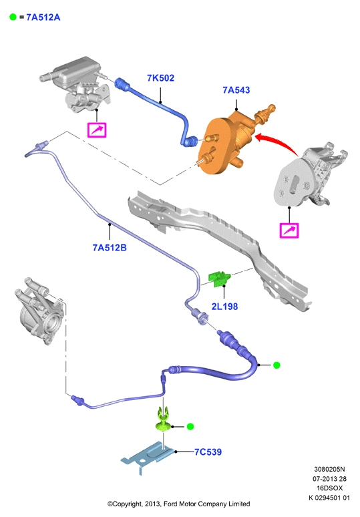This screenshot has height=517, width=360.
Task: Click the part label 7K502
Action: click(x=160, y=78)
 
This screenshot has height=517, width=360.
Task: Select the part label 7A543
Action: click(x=236, y=90)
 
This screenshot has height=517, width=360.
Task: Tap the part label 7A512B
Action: click(x=110, y=248)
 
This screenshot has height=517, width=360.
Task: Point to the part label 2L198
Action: click(x=224, y=307)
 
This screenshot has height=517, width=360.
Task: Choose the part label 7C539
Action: click(x=208, y=452)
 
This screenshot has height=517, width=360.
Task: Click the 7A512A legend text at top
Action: click(x=43, y=17)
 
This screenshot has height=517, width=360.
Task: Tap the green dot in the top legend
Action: click(x=13, y=17)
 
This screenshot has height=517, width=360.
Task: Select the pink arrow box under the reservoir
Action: click(x=97, y=130)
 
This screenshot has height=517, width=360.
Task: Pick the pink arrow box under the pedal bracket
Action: click(x=289, y=230)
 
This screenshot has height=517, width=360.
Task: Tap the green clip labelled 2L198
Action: click(x=220, y=279)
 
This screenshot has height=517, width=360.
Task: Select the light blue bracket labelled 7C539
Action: click(x=148, y=457)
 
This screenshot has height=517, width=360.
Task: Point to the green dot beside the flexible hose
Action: click(x=277, y=365)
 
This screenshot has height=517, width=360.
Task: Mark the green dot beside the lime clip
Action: click(x=190, y=427)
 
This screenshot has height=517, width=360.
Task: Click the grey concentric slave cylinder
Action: click(x=39, y=311)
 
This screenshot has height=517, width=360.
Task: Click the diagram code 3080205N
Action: click(x=329, y=469)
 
